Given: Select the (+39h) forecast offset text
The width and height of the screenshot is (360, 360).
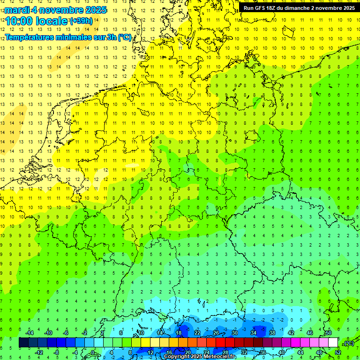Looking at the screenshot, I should tap(81, 21).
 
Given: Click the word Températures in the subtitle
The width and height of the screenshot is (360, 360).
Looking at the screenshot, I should tap(31, 37).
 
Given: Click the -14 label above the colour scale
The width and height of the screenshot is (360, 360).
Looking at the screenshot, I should tap(29, 333).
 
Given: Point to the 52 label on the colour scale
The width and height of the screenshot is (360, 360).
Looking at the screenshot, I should tap(337, 352).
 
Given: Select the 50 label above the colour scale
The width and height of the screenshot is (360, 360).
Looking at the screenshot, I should tap(328, 333).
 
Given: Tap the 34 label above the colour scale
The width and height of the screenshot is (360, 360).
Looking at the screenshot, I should tap(254, 333).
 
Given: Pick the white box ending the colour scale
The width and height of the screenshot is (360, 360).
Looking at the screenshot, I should tap(333, 343).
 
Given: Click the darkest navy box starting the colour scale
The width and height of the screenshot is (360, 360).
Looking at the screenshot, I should tap(23, 343).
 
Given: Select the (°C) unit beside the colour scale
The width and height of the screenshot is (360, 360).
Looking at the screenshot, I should tap(348, 343).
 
